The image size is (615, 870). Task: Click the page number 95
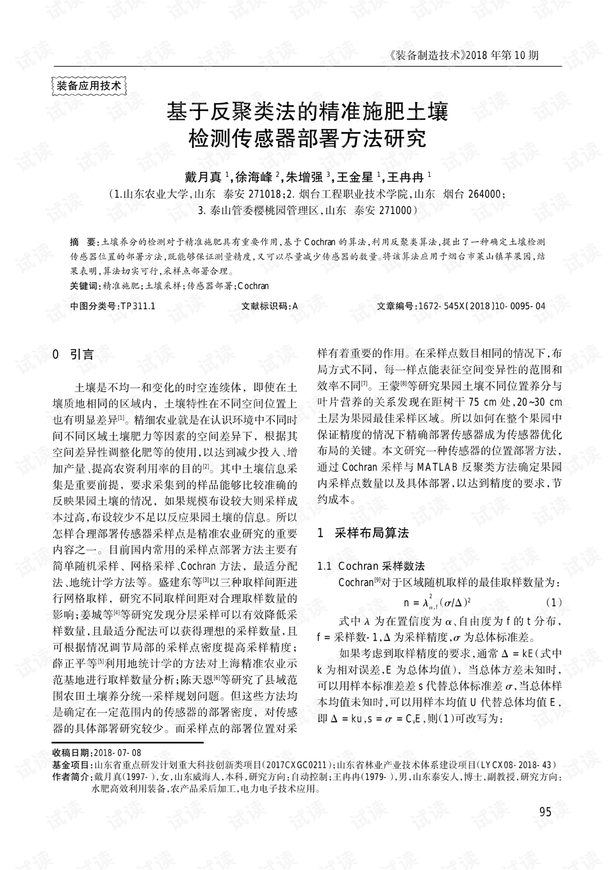click(545, 812)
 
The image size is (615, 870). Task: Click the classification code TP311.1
click(138, 306)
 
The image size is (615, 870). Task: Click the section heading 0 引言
click(73, 355)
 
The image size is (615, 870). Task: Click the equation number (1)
click(554, 602)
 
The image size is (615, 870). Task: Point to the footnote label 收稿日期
click(72, 753)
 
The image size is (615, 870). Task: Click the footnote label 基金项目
click(72, 765)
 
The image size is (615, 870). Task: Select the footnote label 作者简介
click(72, 776)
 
